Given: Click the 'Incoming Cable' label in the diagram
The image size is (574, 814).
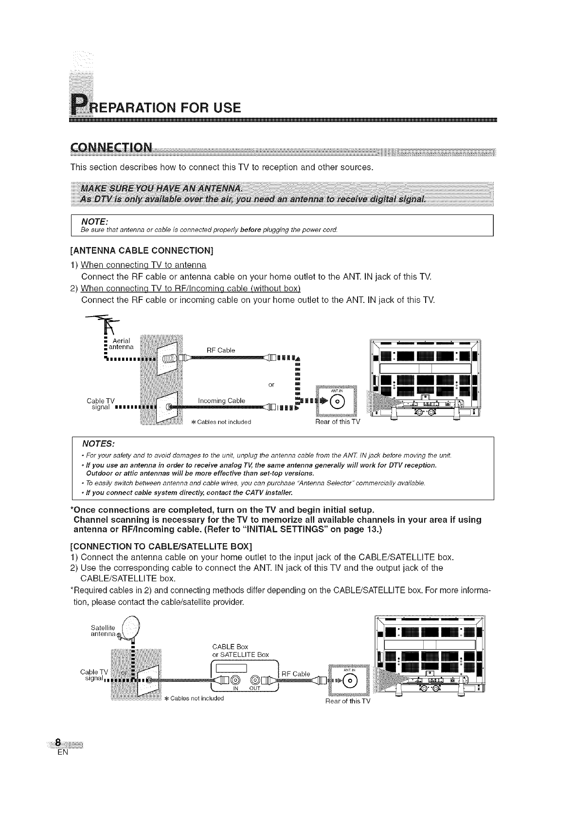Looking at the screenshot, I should pos(221,400).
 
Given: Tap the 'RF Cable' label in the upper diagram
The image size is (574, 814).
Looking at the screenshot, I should pos(221,350).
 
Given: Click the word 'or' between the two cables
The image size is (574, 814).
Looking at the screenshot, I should pos(271,385).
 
